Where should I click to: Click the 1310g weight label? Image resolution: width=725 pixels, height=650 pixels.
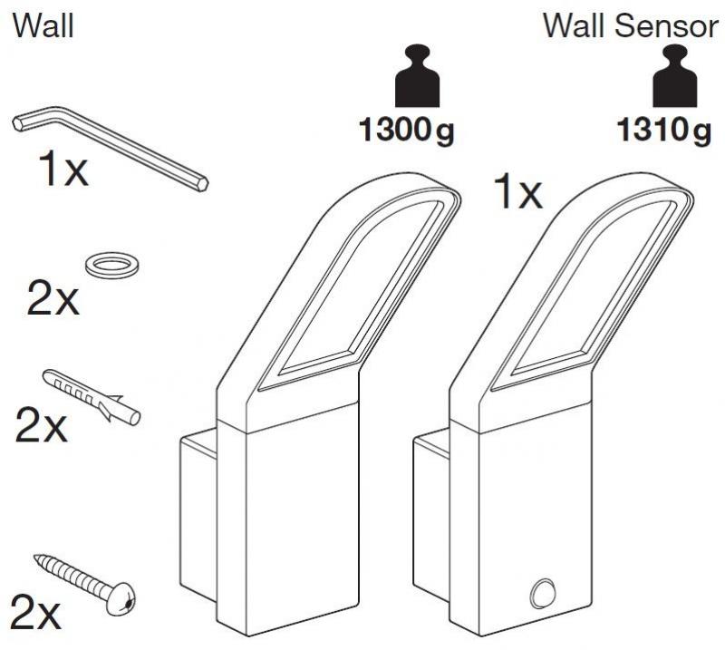point(663,132)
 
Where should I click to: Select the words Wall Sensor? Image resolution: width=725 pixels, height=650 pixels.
point(630,25)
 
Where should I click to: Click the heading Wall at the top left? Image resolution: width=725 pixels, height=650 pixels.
point(43,25)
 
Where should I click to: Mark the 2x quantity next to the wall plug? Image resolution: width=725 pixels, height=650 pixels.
point(42,424)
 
